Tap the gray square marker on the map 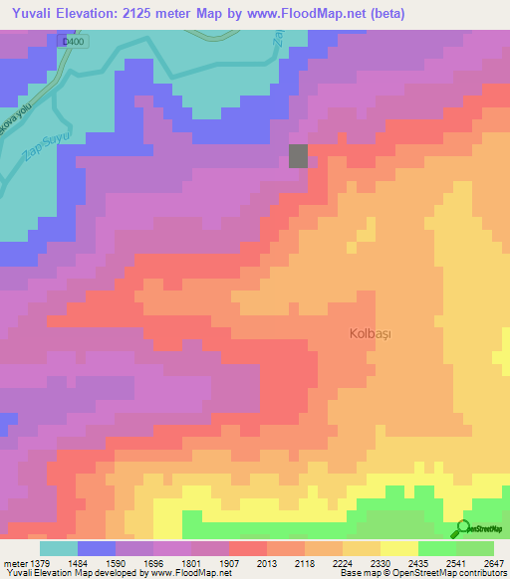(x=299, y=156)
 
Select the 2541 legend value (x=457, y=565)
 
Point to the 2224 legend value (x=343, y=565)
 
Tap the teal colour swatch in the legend (x=58, y=548)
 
